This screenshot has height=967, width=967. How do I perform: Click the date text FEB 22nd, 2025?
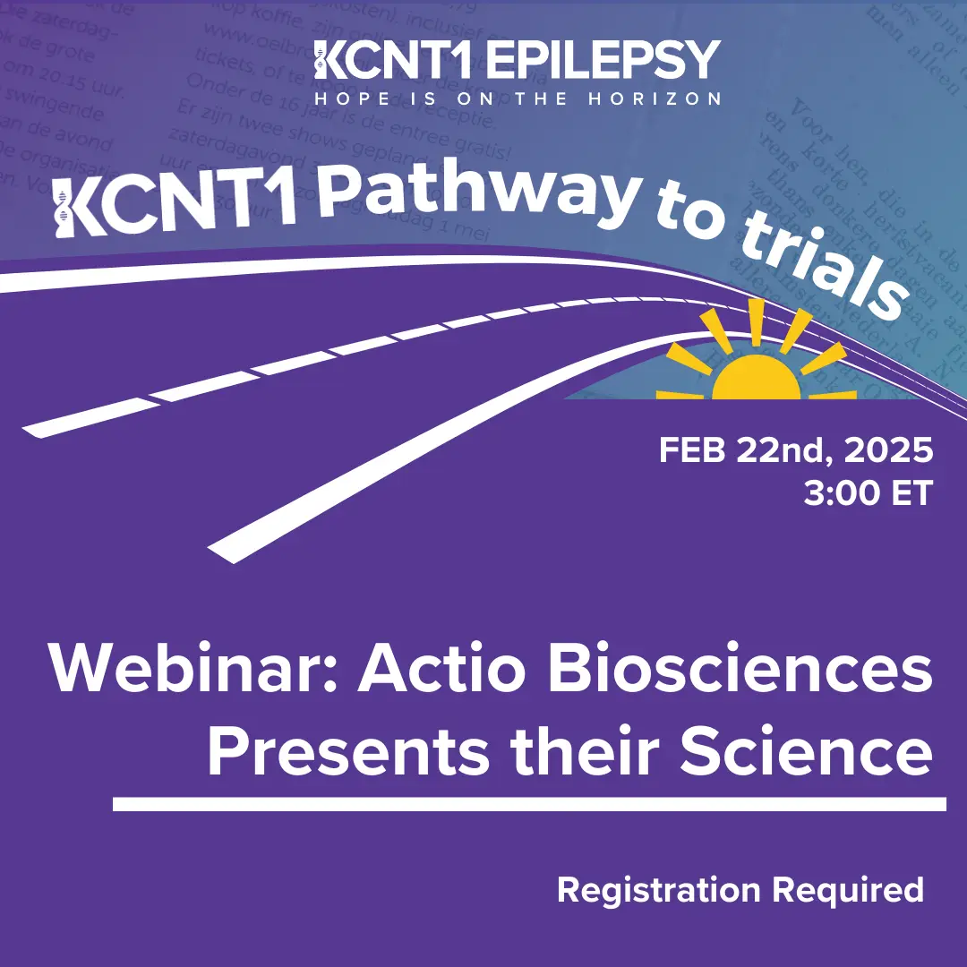tap(796, 450)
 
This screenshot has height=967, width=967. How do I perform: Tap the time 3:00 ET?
tap(868, 493)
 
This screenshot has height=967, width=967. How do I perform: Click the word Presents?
tap(349, 752)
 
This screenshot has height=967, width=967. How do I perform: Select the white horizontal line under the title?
tap(528, 803)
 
